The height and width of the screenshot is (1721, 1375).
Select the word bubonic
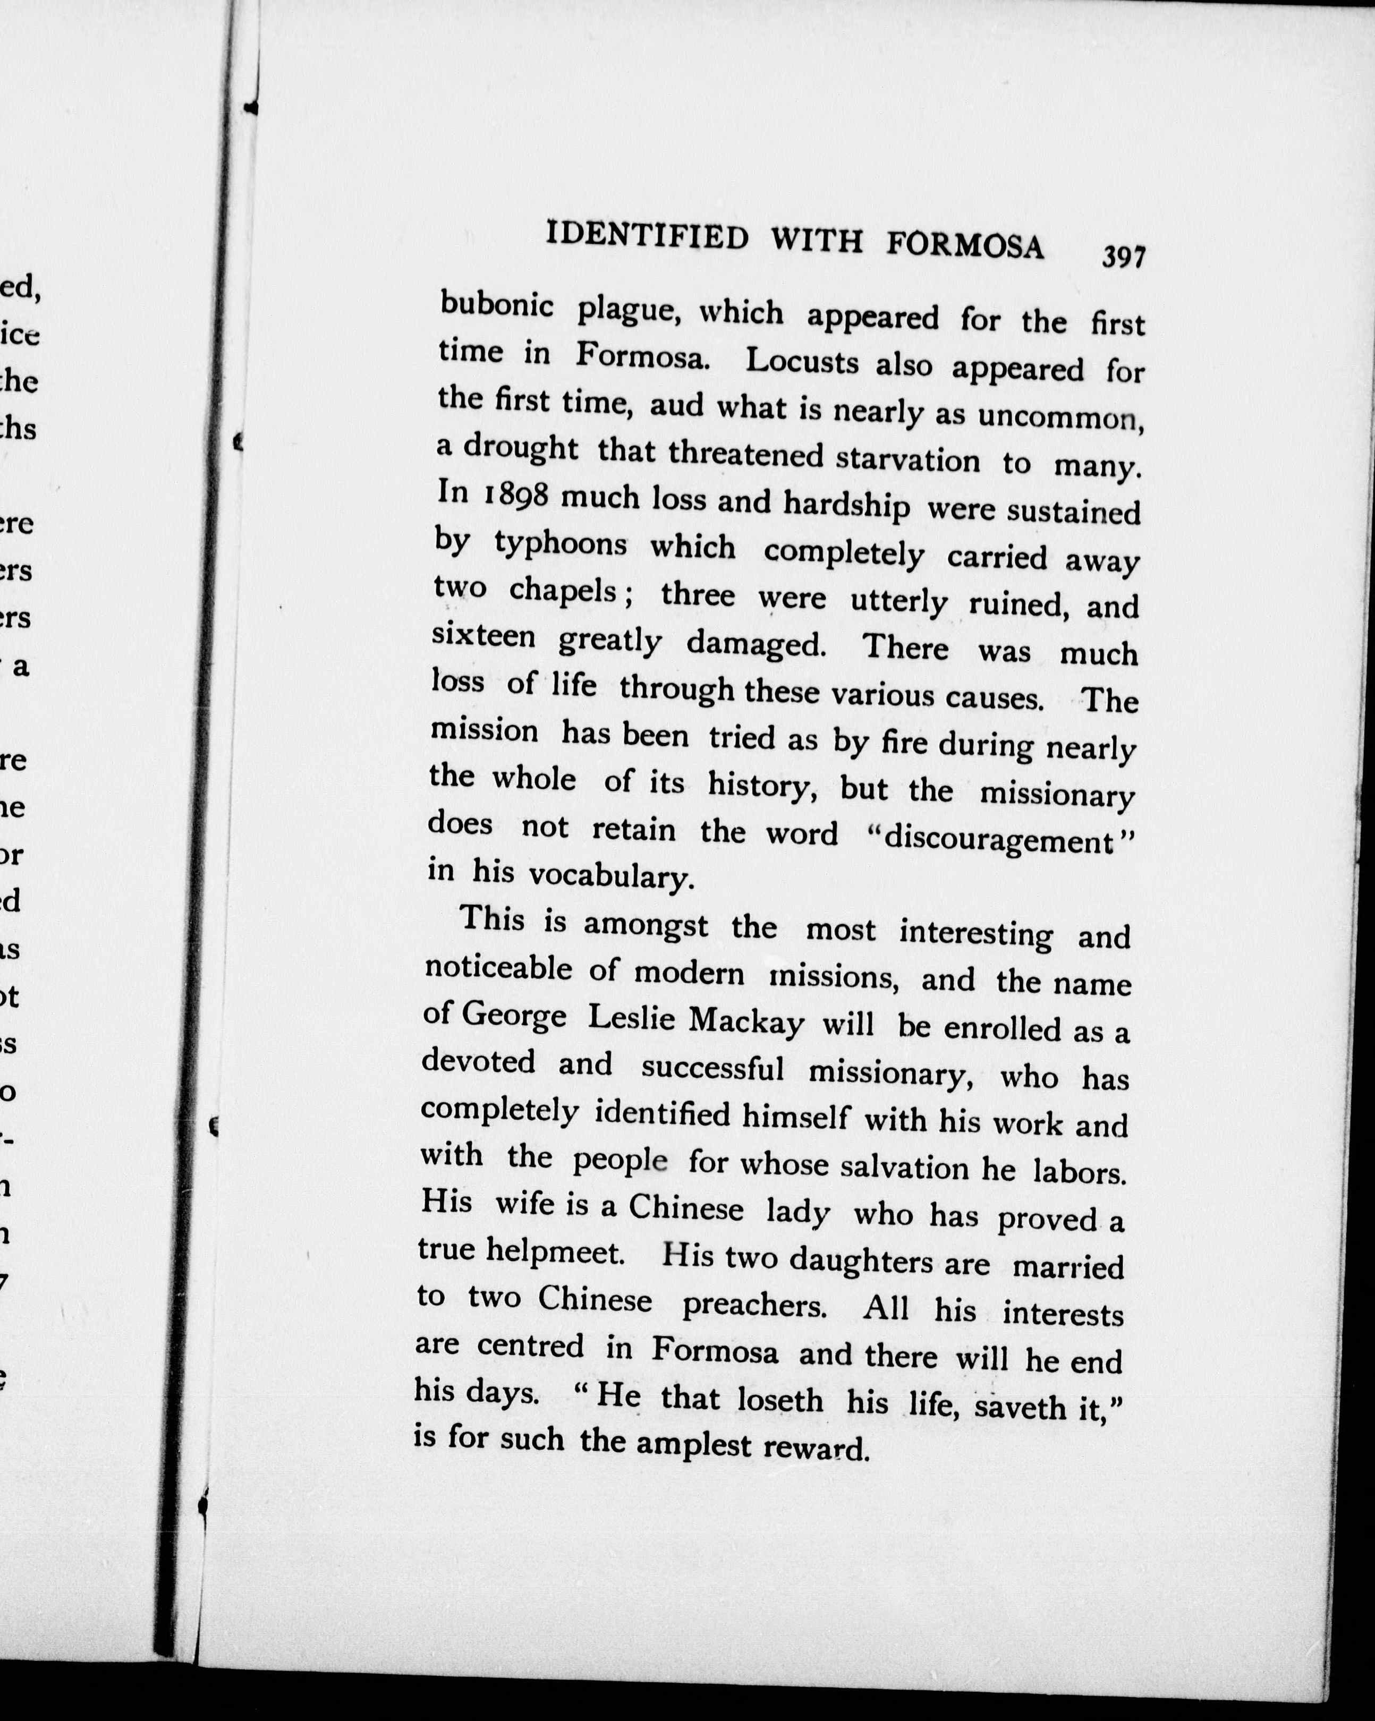pyautogui.click(x=497, y=305)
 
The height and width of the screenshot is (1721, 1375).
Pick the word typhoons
pyautogui.click(x=561, y=544)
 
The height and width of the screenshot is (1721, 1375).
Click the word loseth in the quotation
pyautogui.click(x=779, y=1400)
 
